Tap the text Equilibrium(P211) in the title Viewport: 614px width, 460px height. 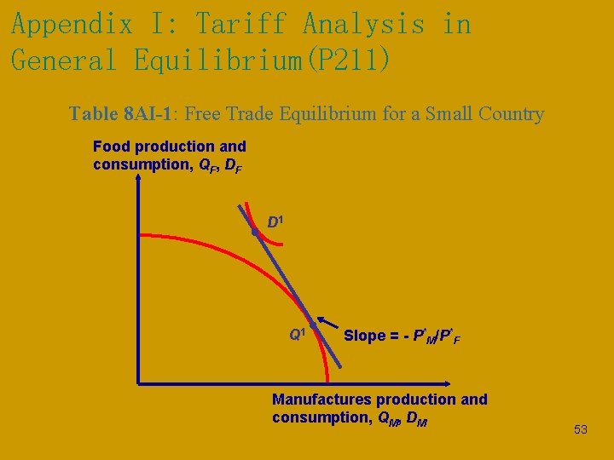click(x=264, y=60)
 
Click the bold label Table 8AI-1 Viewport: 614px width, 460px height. click(x=123, y=114)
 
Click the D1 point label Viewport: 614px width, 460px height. click(x=275, y=222)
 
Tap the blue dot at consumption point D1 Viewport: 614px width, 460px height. click(x=254, y=232)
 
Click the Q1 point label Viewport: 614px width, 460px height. click(x=297, y=335)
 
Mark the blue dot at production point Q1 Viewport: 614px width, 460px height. click(x=313, y=325)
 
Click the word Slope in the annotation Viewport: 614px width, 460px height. click(x=364, y=336)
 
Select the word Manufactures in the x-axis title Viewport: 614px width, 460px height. click(x=321, y=400)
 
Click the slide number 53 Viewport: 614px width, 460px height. click(x=580, y=430)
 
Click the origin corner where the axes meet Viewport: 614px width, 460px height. click(x=138, y=382)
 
